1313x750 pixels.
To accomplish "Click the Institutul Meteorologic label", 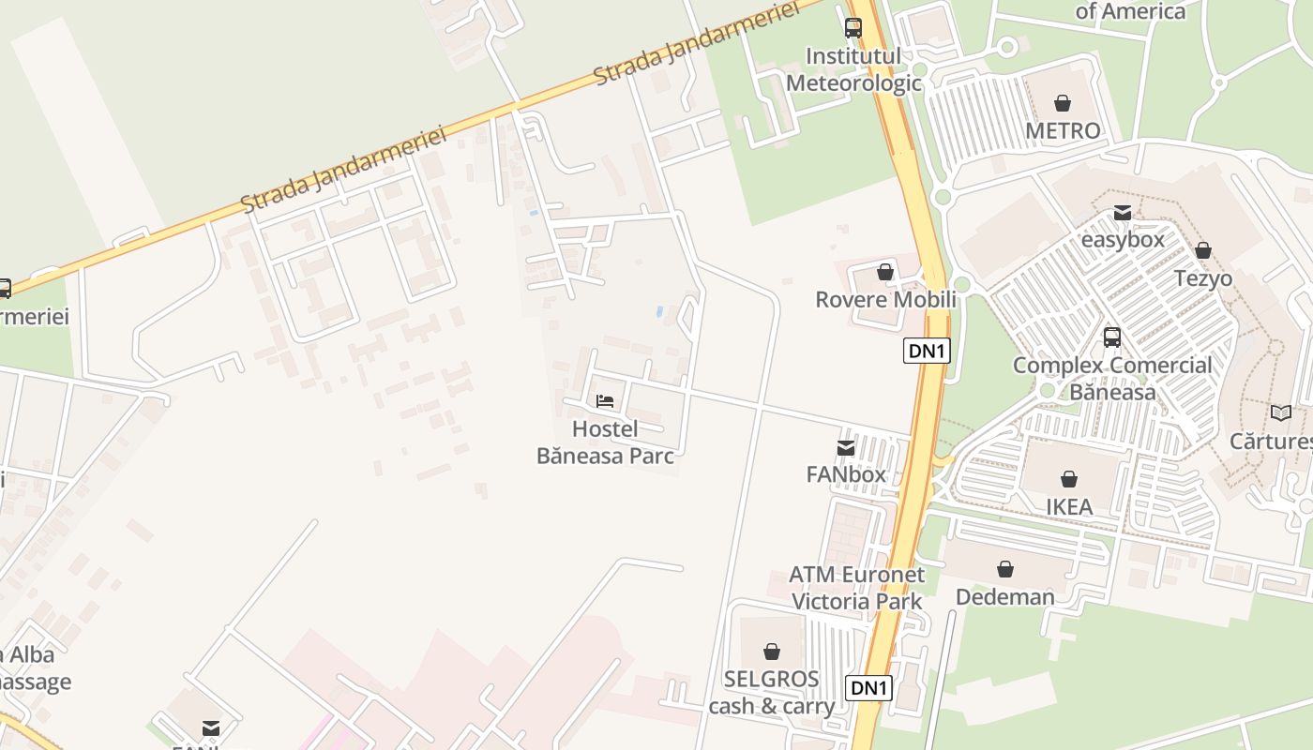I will click(x=853, y=69).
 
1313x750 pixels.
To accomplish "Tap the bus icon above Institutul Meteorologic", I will click(x=853, y=28).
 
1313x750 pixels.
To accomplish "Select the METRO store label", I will click(x=1063, y=130).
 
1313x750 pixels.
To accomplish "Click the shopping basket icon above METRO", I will click(x=1063, y=102).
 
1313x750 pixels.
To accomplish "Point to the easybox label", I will click(x=1123, y=239).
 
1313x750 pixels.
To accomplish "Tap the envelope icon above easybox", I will click(x=1123, y=213).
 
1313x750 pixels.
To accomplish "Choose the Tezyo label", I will click(x=1203, y=278).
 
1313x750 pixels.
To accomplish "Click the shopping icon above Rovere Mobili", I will click(x=884, y=273).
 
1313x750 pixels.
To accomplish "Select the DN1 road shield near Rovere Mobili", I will click(x=927, y=351).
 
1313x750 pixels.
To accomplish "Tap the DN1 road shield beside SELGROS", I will click(x=868, y=688).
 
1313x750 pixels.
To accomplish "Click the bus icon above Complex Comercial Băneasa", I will click(x=1112, y=337).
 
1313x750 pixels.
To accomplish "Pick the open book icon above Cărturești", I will click(x=1280, y=412).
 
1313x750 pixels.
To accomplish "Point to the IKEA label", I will click(x=1069, y=507).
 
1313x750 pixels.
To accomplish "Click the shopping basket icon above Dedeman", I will click(x=1005, y=569).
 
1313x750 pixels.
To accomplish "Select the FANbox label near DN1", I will click(x=846, y=474).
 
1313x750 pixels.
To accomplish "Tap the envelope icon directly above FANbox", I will click(x=846, y=448).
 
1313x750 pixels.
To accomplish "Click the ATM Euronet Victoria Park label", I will click(x=856, y=588).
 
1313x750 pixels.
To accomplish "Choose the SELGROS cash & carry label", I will click(x=771, y=692).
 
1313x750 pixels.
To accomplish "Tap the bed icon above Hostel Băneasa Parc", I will click(x=605, y=401).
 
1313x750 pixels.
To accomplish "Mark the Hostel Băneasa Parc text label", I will click(x=605, y=442).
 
